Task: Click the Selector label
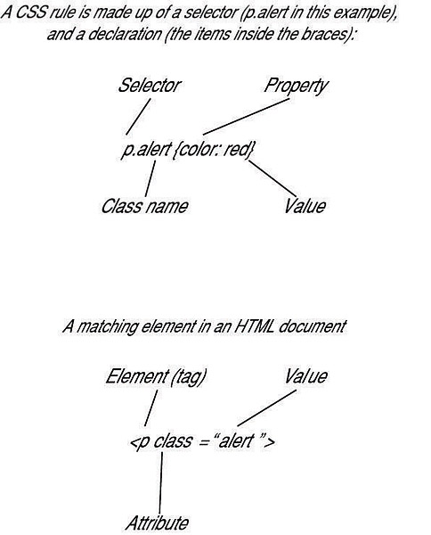[x=150, y=86]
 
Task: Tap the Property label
[x=296, y=86]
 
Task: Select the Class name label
[x=144, y=207]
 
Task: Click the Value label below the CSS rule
[x=305, y=206]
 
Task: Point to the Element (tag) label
[x=156, y=377]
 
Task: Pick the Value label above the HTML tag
[x=305, y=376]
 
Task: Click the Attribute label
[x=157, y=523]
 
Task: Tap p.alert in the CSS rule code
[x=145, y=150]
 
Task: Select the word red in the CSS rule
[x=237, y=150]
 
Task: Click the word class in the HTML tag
[x=172, y=440]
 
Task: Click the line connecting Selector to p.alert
[x=138, y=117]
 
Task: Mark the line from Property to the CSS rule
[x=246, y=117]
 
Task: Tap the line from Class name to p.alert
[x=150, y=178]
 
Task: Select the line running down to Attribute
[x=161, y=482]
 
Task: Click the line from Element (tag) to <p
[x=150, y=408]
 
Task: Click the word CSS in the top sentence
[x=30, y=13]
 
